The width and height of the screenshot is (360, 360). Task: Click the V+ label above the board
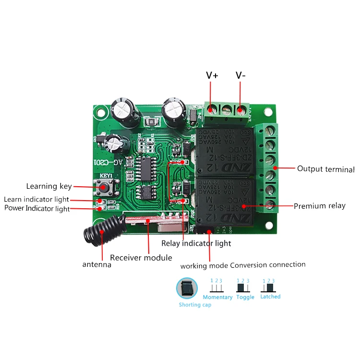coord(212,75)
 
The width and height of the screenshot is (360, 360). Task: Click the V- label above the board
coord(240,75)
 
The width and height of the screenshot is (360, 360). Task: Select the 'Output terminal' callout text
coord(325,169)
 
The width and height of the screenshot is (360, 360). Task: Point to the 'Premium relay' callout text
coord(319,206)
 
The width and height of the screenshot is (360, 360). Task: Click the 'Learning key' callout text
coord(48,186)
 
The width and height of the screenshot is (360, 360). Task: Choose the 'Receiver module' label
coord(141,257)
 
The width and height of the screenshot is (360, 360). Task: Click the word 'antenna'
coord(96,264)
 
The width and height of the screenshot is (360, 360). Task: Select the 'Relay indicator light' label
coord(196,243)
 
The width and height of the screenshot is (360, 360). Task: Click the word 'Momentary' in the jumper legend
coord(217,297)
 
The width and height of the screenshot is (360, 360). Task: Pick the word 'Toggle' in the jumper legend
coord(245,297)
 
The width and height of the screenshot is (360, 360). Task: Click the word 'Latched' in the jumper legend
coord(270,297)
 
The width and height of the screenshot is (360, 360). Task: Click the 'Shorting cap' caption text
coord(194,305)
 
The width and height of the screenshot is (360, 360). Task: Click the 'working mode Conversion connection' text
coord(243,265)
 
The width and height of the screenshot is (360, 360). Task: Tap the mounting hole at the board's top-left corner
coord(100,114)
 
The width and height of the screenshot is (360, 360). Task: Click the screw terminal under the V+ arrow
coord(211,110)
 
